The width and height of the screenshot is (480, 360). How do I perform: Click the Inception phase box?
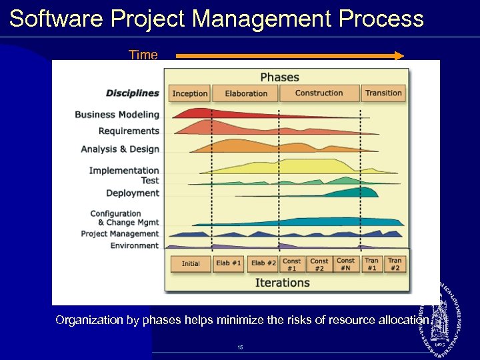[x=190, y=93]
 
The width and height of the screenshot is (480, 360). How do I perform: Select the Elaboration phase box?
[x=246, y=93]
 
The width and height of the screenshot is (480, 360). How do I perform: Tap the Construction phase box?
[x=319, y=93]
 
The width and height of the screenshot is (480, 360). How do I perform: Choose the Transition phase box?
[x=383, y=93]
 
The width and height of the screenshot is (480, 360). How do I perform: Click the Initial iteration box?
[x=191, y=263]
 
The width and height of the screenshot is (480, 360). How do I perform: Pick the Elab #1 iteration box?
[x=228, y=263]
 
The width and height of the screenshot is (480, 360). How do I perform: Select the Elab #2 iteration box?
[x=263, y=263]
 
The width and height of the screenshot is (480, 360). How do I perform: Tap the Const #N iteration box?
[x=345, y=264]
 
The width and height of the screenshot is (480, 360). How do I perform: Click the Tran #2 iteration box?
[x=395, y=264]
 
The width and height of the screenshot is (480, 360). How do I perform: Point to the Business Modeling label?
[x=117, y=115]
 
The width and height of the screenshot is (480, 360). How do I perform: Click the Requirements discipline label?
[x=129, y=131]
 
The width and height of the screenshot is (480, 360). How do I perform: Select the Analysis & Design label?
[x=120, y=149]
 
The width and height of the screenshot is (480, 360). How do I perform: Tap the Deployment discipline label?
[x=133, y=193]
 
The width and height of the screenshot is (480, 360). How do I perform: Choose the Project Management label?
[x=120, y=234]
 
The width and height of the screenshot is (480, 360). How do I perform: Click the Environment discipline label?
[x=135, y=246]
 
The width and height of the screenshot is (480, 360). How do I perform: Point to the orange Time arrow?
[x=290, y=57]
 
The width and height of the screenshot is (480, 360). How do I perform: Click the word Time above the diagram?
[x=143, y=55]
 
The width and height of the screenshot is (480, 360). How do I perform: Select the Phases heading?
[x=279, y=77]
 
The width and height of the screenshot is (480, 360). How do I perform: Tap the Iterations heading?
[x=283, y=283]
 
